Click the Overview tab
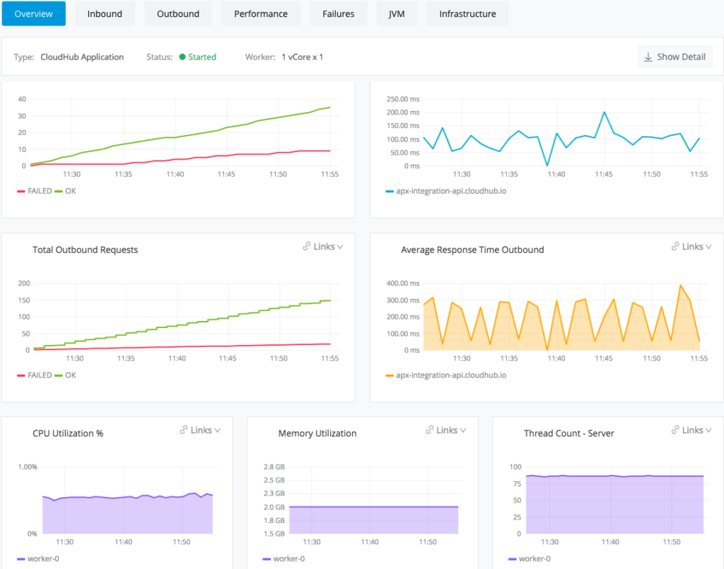(34, 13)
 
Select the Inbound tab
(105, 13)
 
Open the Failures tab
(338, 13)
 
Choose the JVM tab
(397, 13)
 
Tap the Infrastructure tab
(467, 13)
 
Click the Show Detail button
(675, 57)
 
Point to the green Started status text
(202, 57)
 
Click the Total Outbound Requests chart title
(86, 250)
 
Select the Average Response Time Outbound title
(472, 250)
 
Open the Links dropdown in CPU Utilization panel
(200, 430)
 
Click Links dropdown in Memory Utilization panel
(446, 430)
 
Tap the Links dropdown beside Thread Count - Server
(692, 430)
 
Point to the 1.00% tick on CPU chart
(27, 467)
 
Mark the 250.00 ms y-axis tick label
(402, 99)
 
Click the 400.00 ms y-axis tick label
(402, 283)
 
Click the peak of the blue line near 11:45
(605, 112)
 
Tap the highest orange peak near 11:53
(680, 286)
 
